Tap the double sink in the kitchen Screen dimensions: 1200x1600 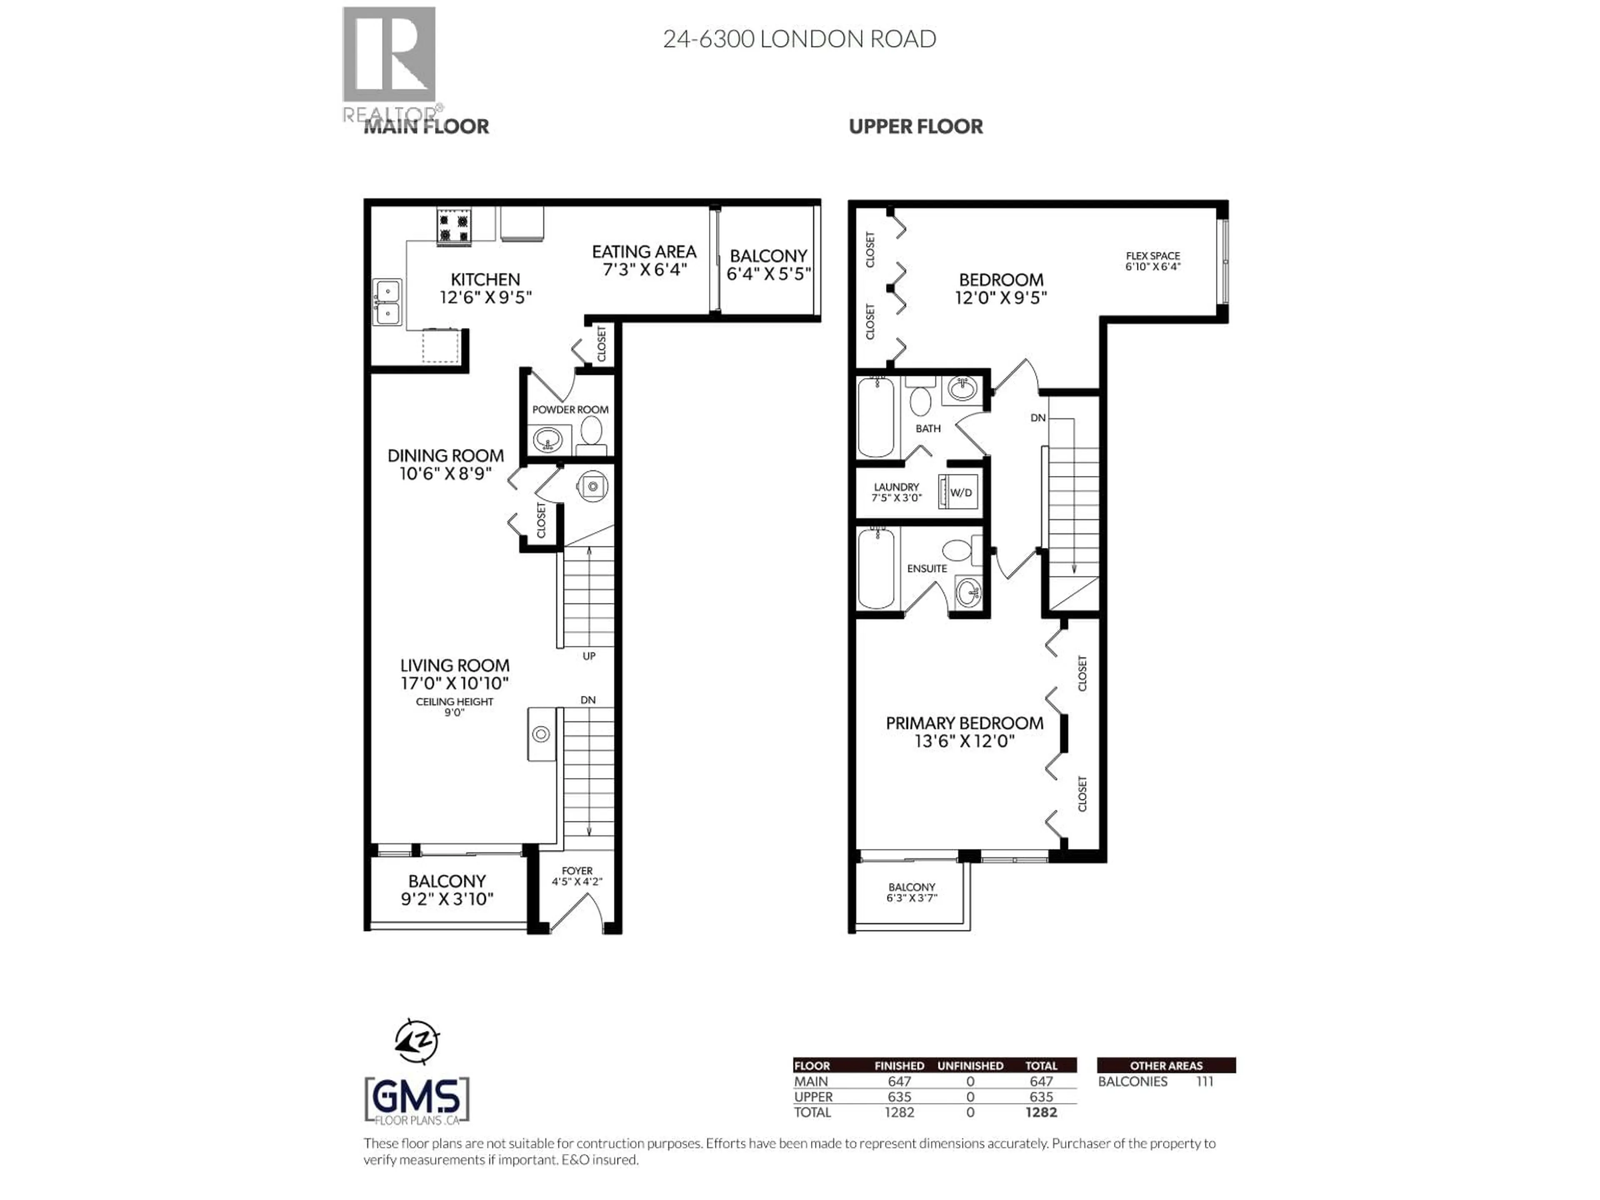[387, 302]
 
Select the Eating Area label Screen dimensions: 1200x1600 [644, 252]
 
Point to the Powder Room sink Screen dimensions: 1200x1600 [547, 439]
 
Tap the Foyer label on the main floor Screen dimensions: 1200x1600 [577, 871]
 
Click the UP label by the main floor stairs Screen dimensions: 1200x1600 [589, 656]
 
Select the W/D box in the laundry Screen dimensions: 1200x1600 [960, 492]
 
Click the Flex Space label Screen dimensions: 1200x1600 [1152, 256]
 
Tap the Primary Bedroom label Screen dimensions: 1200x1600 [964, 723]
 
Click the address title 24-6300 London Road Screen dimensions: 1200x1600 [799, 39]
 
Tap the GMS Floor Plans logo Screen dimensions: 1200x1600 [417, 1100]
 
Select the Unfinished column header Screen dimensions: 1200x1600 [970, 1065]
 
